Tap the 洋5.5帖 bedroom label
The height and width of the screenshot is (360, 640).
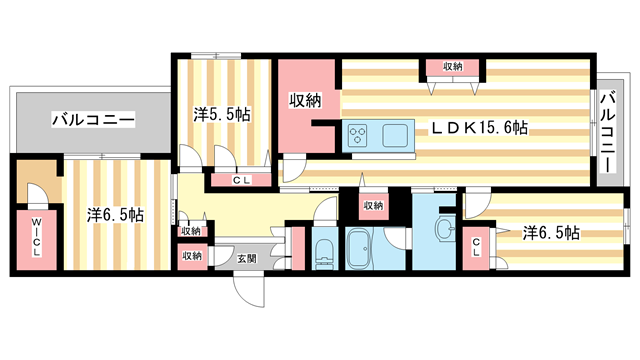coord(222,115)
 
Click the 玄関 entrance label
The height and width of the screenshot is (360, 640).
coord(247,258)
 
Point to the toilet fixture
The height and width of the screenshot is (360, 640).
coord(325,253)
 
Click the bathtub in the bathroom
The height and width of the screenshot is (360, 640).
coord(359,249)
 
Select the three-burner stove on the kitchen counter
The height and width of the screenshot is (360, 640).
coord(358,135)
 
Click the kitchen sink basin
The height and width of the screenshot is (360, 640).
coord(395,135)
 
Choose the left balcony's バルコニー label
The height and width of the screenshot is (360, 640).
coord(93,120)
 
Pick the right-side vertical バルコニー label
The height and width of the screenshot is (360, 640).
coord(608,133)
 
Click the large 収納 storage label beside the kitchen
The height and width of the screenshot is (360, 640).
coord(305,100)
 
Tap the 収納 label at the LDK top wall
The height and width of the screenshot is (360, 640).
coord(453,66)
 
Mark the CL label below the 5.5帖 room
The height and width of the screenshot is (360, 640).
coord(242,180)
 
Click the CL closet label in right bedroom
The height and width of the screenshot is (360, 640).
coord(476,248)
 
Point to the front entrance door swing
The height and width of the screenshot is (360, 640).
coord(248,291)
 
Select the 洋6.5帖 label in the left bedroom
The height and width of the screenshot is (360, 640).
coord(115,215)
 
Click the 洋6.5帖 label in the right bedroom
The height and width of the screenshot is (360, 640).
coord(551,233)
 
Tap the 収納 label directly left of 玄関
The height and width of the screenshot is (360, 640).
coord(192,256)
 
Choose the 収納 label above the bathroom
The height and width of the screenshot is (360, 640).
coord(373,206)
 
